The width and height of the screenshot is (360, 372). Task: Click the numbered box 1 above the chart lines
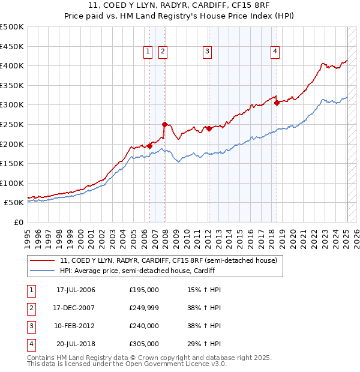pos(148,52)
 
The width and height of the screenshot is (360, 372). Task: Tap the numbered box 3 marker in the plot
pos(207,52)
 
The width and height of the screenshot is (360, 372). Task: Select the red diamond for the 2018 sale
pos(277,103)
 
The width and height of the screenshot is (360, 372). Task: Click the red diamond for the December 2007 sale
pos(164,124)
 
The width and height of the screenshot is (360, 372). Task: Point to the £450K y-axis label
pos(12,46)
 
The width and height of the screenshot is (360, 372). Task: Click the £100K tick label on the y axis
pos(12,183)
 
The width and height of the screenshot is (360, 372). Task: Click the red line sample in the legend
pos(42,261)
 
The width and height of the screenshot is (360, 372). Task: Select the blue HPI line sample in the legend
pos(42,271)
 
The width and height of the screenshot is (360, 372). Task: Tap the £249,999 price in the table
pos(144,308)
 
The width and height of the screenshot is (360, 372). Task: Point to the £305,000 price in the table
pos(144,344)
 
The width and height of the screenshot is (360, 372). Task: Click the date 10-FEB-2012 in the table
pos(76,326)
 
